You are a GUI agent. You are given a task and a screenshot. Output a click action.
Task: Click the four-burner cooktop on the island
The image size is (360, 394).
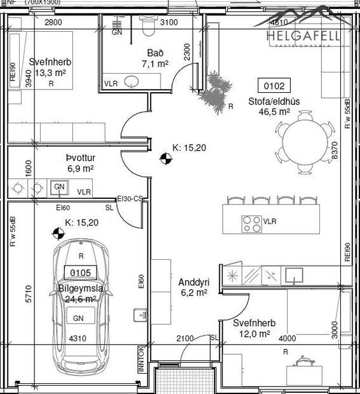click(251, 222)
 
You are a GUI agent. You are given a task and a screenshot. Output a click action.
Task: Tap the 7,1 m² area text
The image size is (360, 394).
click(154, 64)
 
